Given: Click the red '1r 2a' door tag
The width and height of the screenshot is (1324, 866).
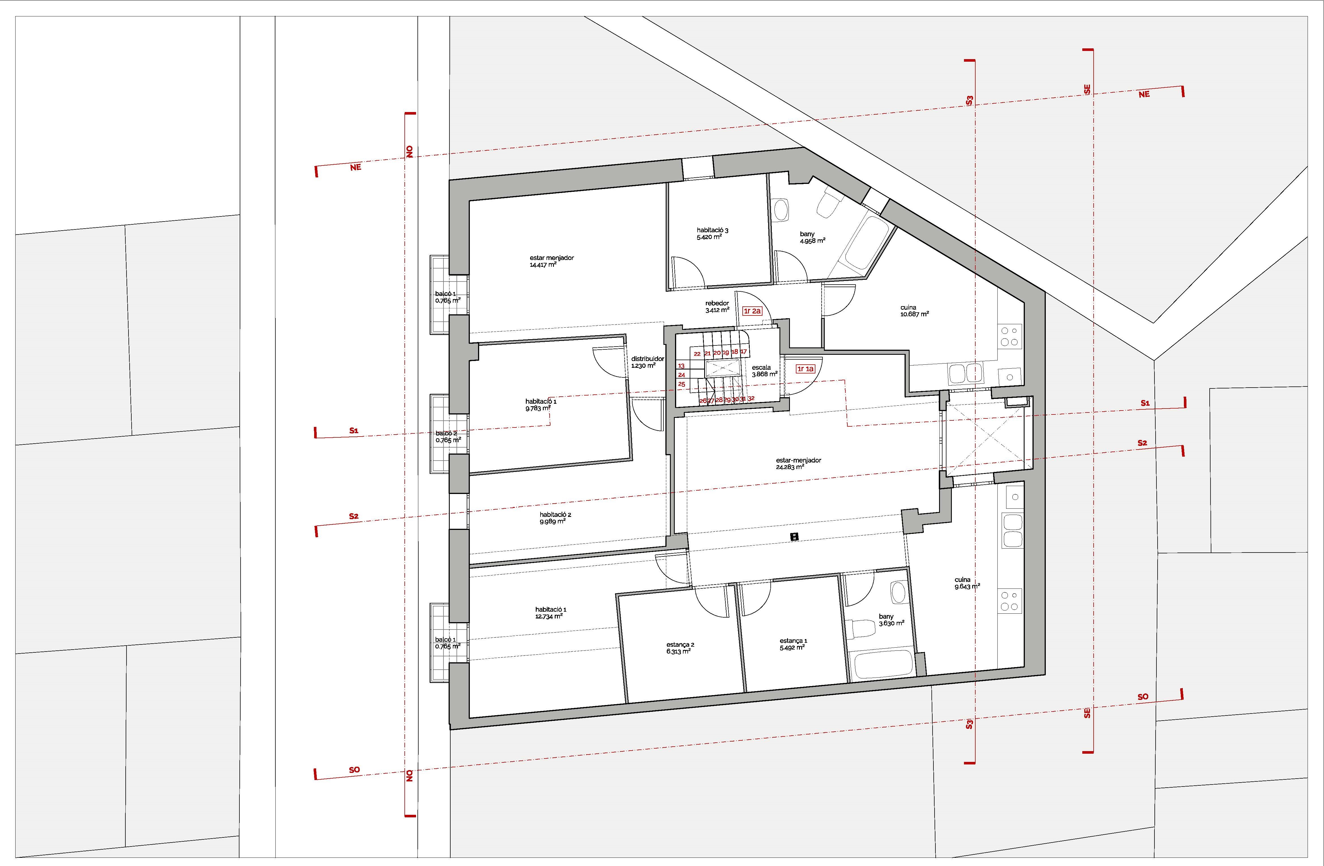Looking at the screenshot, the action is (x=752, y=311).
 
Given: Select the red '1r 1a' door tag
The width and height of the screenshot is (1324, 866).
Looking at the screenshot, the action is (x=805, y=369).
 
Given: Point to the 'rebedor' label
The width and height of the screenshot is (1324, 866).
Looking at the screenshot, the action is (x=717, y=303).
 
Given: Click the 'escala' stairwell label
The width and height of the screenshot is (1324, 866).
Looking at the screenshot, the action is (x=761, y=367).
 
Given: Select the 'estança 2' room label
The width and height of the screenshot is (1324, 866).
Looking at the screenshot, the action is (x=680, y=645).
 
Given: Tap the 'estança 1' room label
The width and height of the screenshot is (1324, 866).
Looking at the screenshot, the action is (x=793, y=641).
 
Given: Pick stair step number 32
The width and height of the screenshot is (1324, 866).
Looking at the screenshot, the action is (x=751, y=398).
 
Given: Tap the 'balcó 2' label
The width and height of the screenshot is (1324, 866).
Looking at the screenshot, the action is (x=446, y=433).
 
